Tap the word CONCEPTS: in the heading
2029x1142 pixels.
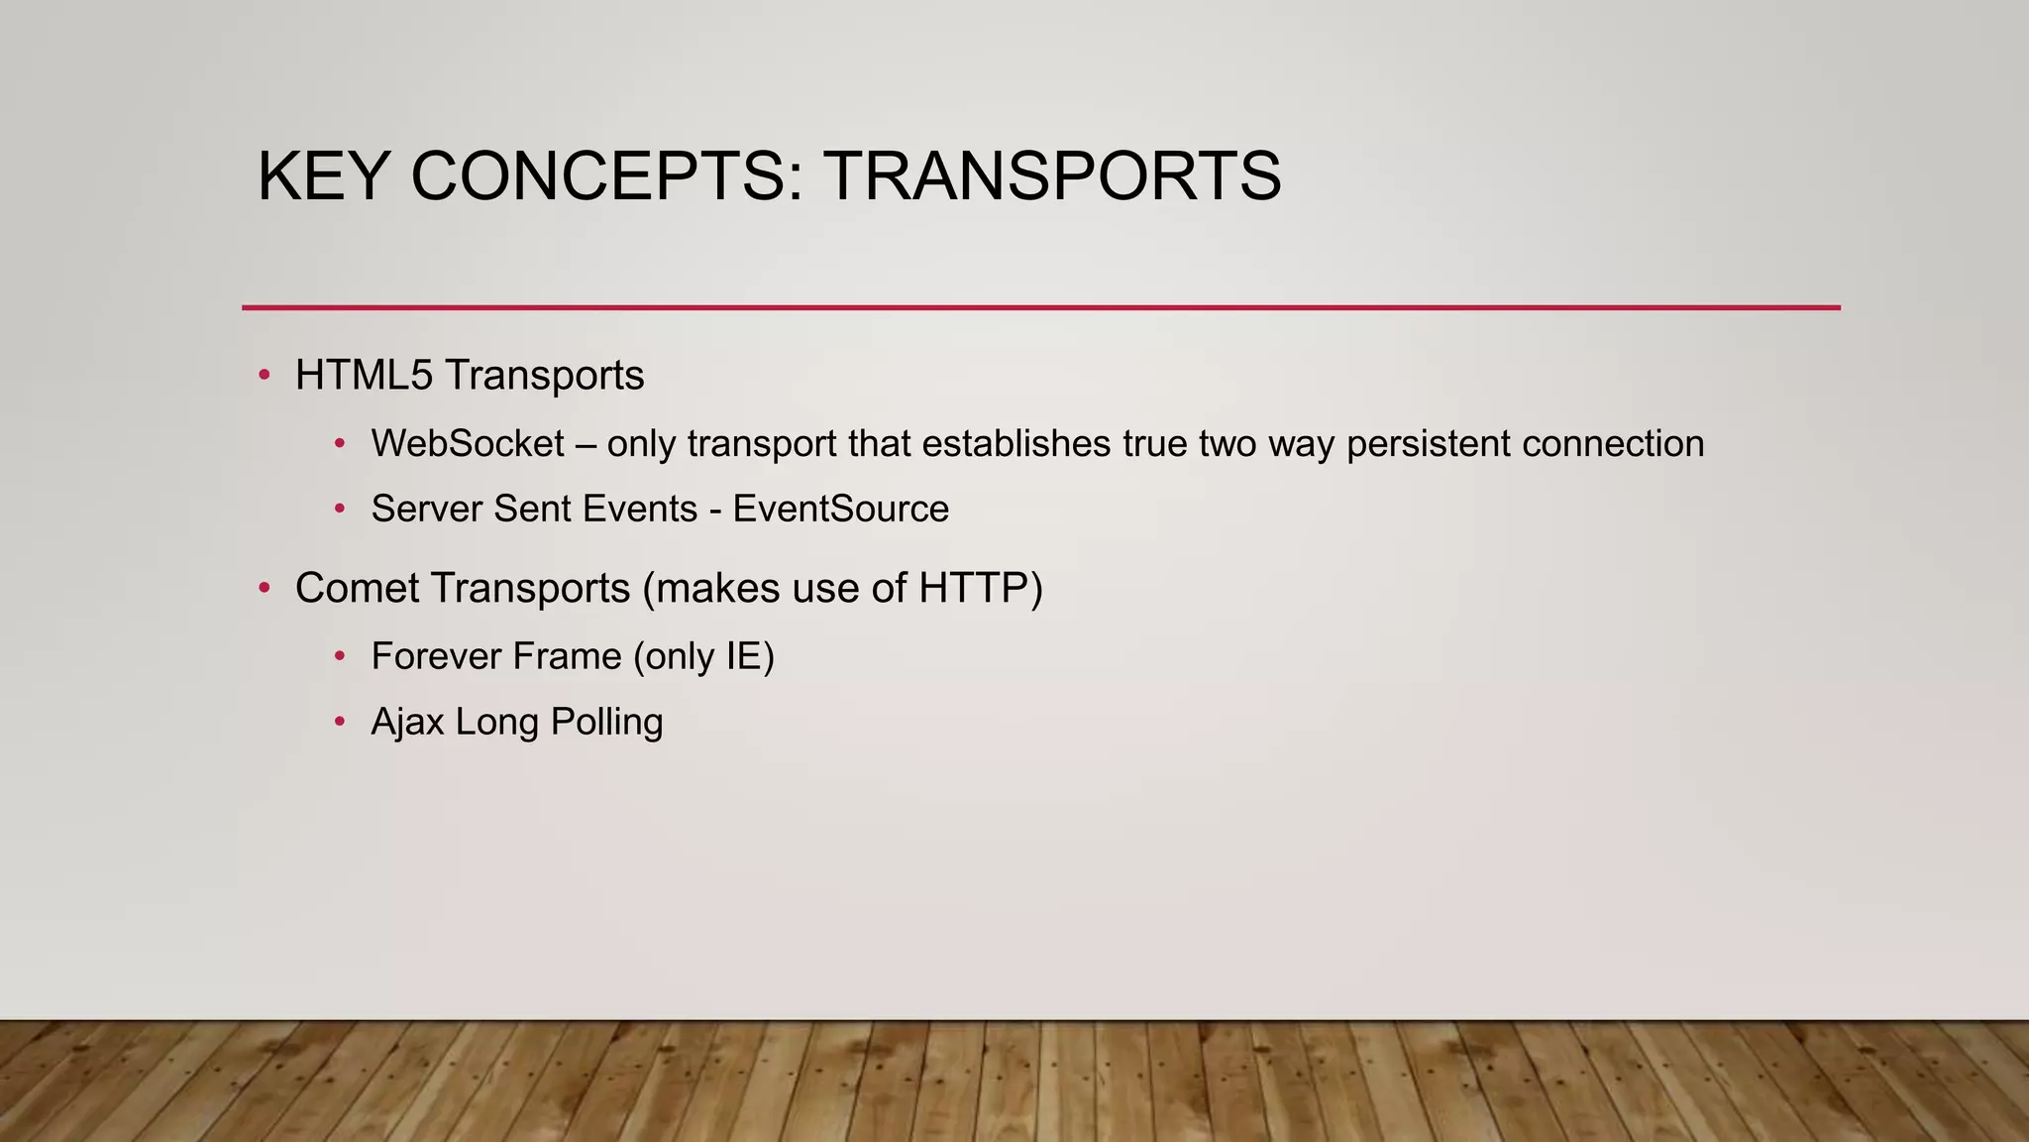pos(606,176)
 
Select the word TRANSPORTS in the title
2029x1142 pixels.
pos(1051,176)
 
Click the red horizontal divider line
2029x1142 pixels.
pos(1040,307)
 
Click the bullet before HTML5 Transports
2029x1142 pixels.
pos(264,376)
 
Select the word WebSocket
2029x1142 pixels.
pos(468,444)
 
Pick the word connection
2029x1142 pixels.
pos(1613,444)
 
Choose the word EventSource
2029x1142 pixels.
pos(840,510)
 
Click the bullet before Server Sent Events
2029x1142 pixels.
pos(340,510)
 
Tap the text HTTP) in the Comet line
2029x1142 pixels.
pos(980,589)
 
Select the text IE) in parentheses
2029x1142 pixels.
pos(750,657)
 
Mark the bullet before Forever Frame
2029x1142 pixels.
pos(340,656)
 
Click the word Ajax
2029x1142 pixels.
pos(408,723)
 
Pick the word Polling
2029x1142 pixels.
pos(606,723)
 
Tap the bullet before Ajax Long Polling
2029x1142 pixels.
pos(340,722)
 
